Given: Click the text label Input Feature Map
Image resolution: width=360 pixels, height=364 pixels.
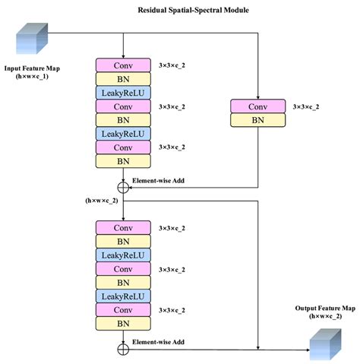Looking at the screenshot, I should (33, 68).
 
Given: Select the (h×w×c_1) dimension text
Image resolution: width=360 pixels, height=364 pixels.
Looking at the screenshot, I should (33, 78).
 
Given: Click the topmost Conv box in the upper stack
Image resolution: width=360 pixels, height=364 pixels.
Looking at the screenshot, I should (123, 65).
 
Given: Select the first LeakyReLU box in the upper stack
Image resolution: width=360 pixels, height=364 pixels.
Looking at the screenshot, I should (123, 93).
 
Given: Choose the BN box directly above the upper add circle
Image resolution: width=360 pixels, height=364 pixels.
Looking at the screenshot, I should (123, 161).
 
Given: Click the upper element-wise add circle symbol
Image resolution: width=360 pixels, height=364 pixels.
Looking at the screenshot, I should (123, 186).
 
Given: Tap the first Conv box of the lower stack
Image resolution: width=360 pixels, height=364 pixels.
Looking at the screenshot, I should (123, 227).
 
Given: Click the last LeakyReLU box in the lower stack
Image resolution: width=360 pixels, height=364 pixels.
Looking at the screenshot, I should (123, 296).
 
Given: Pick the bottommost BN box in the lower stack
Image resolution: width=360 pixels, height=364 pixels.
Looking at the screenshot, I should (123, 323).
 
